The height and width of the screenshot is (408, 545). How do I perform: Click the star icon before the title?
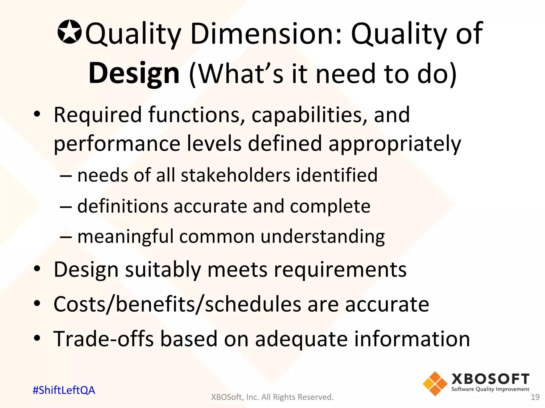(69, 32)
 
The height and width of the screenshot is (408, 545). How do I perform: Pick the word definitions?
(123, 206)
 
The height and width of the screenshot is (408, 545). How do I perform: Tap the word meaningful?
(125, 236)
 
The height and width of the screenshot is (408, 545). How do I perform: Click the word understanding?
(323, 236)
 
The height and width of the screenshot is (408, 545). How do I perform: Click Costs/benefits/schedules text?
(177, 304)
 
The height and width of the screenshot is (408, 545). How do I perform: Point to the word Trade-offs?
(104, 339)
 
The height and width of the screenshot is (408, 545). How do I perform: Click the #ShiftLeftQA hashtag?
(64, 390)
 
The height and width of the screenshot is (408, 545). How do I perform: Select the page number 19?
(535, 397)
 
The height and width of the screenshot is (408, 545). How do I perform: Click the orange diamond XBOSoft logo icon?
(435, 384)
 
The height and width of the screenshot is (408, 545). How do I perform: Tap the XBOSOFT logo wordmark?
(490, 379)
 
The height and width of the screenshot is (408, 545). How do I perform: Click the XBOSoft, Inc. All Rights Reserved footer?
(272, 397)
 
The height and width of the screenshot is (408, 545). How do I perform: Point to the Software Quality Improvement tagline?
(490, 389)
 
